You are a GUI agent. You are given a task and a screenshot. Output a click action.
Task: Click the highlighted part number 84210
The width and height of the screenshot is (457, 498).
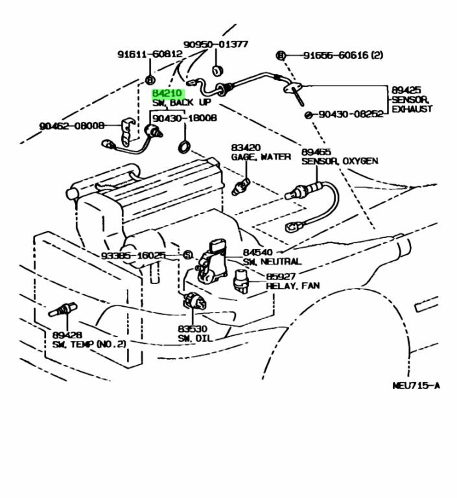pos(167,93)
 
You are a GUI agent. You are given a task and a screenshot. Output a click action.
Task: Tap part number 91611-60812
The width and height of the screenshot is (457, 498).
pos(150,54)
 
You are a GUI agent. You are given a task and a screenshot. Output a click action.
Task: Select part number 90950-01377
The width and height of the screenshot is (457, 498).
pos(215,45)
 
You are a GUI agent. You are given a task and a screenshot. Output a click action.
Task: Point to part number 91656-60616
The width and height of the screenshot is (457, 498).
pos(334,56)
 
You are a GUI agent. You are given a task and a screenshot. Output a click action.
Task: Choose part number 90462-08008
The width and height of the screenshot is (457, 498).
pos(71,126)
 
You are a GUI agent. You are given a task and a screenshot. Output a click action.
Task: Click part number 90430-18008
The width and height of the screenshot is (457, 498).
pos(185,119)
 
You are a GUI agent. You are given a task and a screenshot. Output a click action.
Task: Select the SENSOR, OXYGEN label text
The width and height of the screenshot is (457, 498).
pos(339,161)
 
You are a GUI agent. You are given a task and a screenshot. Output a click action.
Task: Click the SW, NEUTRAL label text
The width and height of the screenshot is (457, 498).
pos(272,261)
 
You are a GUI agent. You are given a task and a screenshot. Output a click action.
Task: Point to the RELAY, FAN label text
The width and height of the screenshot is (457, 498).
pos(292,285)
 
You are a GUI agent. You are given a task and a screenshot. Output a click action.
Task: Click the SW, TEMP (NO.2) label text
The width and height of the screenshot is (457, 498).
pos(88,344)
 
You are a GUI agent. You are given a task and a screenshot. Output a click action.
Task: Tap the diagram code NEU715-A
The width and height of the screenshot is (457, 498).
pos(416,386)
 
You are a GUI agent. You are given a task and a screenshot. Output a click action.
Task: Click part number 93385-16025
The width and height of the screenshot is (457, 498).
pos(133,255)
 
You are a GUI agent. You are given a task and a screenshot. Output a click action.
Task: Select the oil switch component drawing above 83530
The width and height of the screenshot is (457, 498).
pos(193,302)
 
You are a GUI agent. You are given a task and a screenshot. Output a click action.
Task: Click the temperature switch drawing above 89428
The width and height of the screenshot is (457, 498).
pos(63,309)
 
